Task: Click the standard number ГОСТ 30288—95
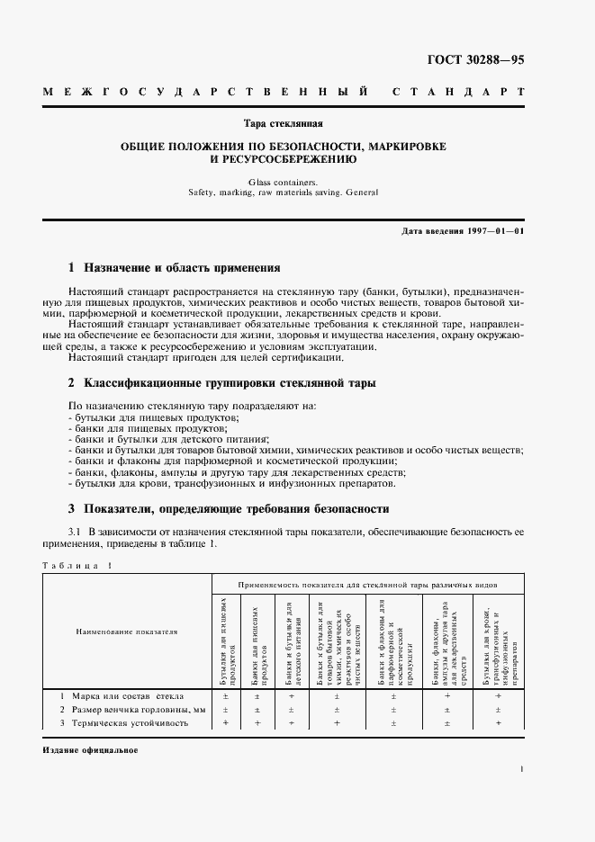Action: (x=476, y=60)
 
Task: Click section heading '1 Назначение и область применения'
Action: (x=175, y=268)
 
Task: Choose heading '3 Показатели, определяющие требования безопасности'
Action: (x=230, y=507)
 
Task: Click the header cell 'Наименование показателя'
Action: (x=126, y=631)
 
